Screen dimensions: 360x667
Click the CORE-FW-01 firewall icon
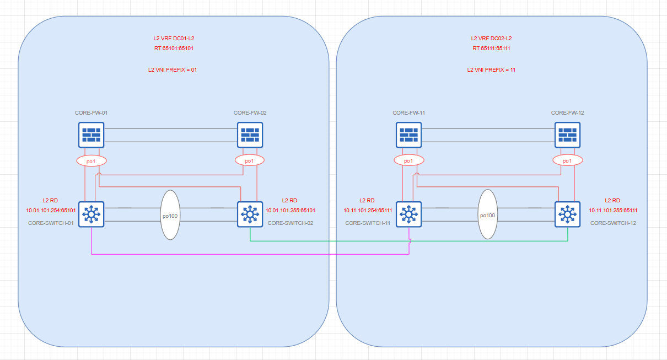pos(91,135)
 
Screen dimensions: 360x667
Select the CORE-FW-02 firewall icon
pos(250,135)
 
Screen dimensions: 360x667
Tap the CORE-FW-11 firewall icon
pos(408,135)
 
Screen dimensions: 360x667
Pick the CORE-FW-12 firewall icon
pos(567,135)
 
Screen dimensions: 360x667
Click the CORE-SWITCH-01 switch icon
pos(91,214)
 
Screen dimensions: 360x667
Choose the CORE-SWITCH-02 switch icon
pos(250,214)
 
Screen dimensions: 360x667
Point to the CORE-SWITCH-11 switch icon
pos(408,214)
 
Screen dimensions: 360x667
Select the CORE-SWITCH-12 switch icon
pos(567,214)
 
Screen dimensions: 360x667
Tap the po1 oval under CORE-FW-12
pos(567,160)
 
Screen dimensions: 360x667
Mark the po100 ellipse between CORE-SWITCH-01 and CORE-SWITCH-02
pos(170,215)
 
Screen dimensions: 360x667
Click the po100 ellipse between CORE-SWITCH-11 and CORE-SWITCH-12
pos(488,214)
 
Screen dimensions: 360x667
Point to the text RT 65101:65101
pos(174,49)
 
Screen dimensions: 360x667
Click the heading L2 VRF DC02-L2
pos(491,39)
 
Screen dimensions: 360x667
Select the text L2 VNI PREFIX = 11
pos(491,70)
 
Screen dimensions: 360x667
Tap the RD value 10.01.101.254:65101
pos(51,210)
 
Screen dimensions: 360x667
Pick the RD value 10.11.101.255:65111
pos(614,210)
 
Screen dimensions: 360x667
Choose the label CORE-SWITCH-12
pos(612,223)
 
